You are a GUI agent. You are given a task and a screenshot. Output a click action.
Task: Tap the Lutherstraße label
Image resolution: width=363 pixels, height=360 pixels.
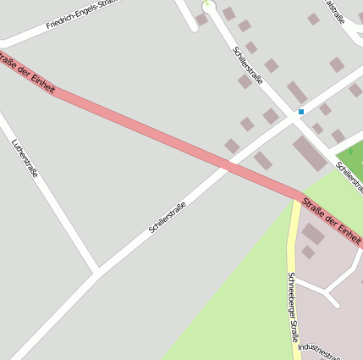[25, 158]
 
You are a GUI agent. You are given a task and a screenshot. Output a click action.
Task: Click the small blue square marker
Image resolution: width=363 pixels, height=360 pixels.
[300, 112]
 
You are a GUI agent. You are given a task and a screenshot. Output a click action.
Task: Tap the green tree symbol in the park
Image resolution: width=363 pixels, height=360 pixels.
[349, 152]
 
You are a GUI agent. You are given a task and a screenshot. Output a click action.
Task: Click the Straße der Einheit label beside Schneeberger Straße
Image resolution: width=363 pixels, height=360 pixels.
[331, 217]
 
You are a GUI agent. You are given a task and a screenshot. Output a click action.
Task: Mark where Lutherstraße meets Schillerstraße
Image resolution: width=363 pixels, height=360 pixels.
[96, 272]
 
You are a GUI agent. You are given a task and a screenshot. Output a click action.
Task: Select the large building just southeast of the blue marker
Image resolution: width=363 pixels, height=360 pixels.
[310, 153]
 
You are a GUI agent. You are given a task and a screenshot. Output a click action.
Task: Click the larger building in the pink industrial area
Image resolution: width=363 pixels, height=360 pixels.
[312, 233]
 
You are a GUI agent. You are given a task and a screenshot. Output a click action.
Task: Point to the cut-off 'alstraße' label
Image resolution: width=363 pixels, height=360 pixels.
[334, 13]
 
